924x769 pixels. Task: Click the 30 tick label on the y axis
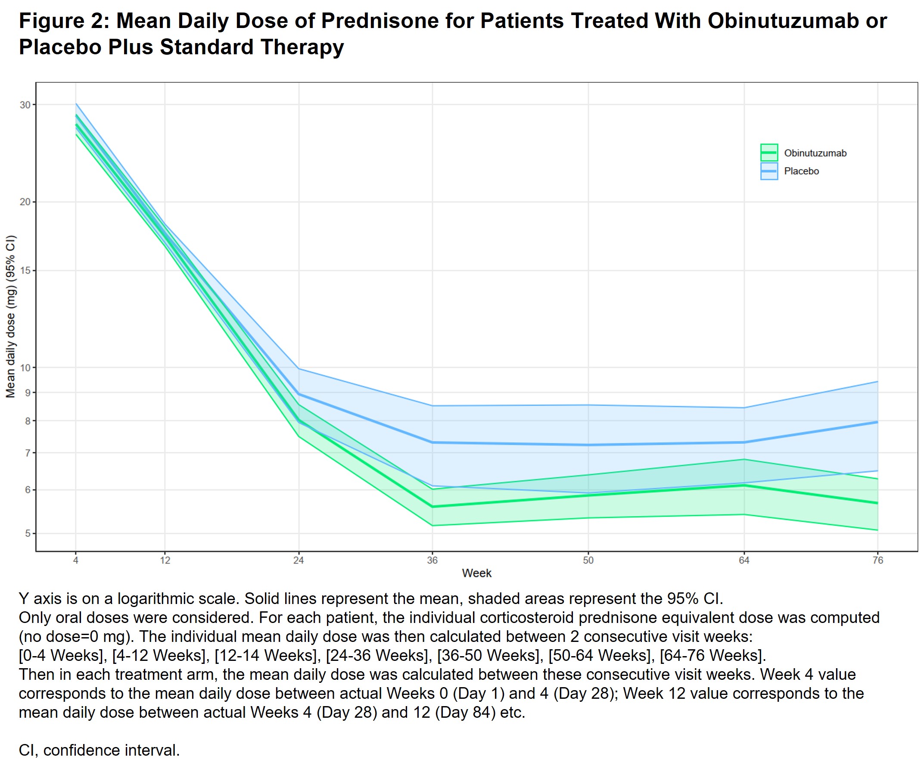click(x=25, y=105)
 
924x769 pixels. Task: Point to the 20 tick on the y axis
click(x=25, y=202)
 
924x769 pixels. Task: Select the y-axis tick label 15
click(x=25, y=271)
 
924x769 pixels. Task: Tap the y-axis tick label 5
click(x=27, y=534)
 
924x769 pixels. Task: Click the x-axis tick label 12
click(x=165, y=560)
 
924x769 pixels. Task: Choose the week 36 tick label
click(x=432, y=560)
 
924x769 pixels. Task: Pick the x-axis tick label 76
click(x=877, y=560)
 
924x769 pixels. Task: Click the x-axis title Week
click(x=476, y=573)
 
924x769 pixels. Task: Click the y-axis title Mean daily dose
click(x=11, y=317)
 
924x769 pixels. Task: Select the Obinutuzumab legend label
click(x=815, y=153)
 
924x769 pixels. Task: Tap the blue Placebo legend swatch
click(x=769, y=171)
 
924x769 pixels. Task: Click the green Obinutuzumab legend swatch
click(x=769, y=153)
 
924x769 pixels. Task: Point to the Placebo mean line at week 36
click(x=432, y=442)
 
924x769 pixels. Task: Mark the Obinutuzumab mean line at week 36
click(x=432, y=506)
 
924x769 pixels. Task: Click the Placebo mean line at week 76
click(x=877, y=422)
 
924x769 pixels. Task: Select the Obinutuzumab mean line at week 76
click(x=877, y=503)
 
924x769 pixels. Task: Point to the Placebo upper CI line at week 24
click(x=299, y=368)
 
